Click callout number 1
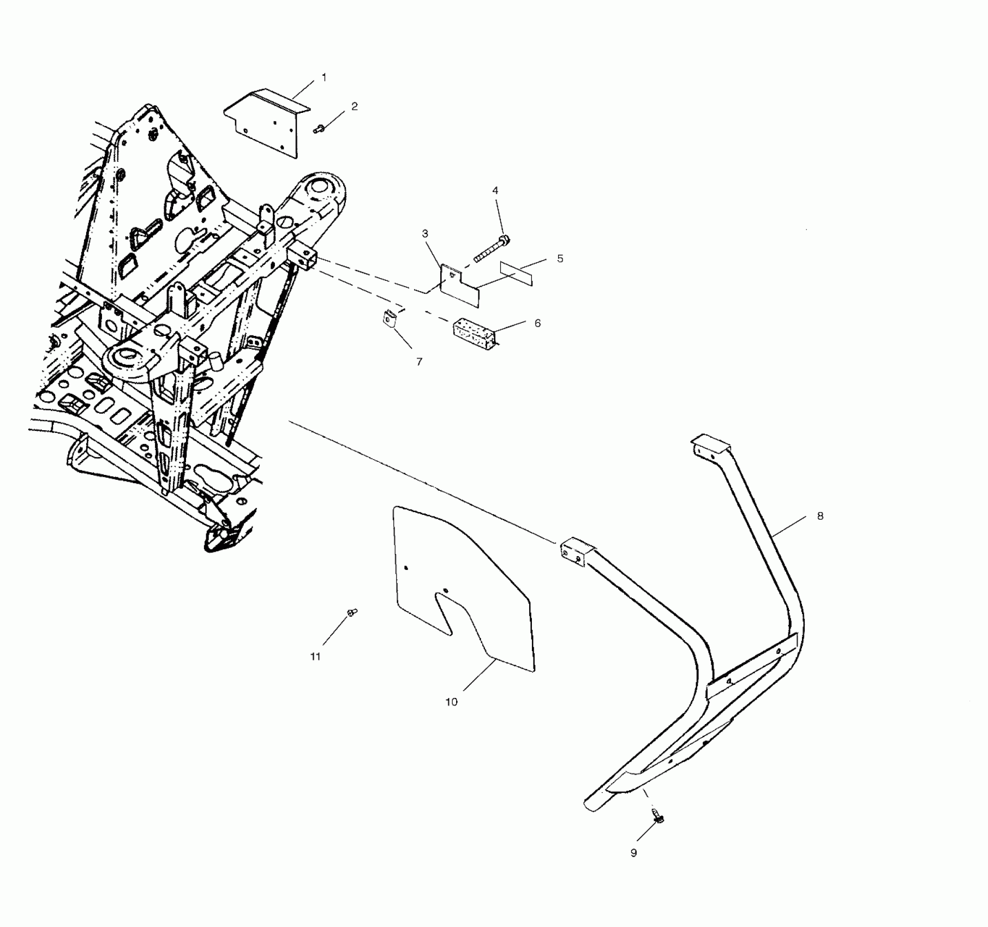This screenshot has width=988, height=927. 324,78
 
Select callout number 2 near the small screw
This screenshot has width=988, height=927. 355,107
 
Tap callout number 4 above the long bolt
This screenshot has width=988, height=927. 495,191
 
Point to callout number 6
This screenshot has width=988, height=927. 537,323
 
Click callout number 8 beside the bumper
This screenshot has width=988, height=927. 820,516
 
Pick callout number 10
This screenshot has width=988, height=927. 451,702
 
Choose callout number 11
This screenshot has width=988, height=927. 315,657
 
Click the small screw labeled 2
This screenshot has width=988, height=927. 318,129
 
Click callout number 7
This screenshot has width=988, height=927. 419,362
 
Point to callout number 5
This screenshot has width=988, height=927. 560,258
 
